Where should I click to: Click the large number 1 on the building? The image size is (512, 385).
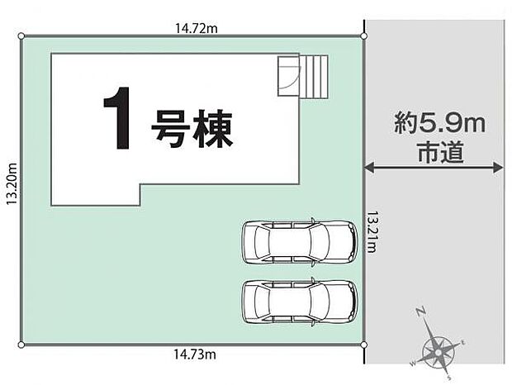(x=118, y=121)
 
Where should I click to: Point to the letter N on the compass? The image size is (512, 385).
(x=420, y=312)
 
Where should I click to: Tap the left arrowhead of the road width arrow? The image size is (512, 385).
(x=369, y=167)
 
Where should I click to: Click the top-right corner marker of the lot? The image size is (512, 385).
(x=364, y=36)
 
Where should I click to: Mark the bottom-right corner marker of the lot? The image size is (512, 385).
(x=364, y=343)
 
